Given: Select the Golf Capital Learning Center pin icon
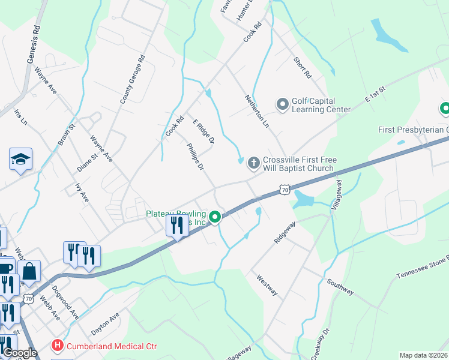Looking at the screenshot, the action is click(x=282, y=105).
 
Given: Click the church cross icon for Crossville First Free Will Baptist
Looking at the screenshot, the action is click(x=253, y=162).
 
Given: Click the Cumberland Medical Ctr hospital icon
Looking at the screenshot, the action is click(x=58, y=346).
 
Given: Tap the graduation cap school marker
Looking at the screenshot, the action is click(x=20, y=160).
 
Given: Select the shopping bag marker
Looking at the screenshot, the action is click(x=29, y=272).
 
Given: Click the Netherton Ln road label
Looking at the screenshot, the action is click(x=256, y=110).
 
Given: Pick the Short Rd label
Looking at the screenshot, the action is click(x=303, y=68).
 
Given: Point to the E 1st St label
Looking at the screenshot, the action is click(x=374, y=95).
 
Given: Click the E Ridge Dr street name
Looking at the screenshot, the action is click(x=203, y=132).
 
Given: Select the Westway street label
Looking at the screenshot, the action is click(x=267, y=285).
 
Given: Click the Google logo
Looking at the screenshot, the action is click(x=20, y=353).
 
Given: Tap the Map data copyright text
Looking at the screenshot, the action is click(x=423, y=355).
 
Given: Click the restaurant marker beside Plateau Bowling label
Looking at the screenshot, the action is click(x=176, y=226).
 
